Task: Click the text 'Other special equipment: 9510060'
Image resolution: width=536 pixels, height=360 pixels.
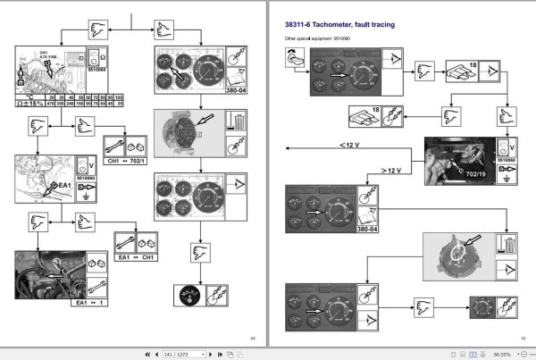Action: coord(314,40)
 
